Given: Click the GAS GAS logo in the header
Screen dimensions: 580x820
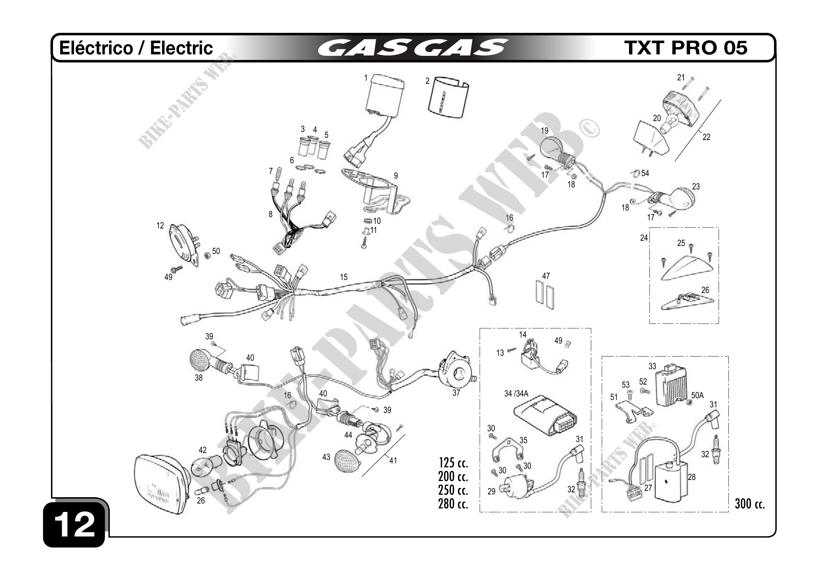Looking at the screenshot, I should (413, 48).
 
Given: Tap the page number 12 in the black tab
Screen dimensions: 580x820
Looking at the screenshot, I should (75, 525).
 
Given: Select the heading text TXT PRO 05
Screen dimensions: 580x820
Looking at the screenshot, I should (686, 48).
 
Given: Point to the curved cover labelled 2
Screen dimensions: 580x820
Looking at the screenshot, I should (448, 99).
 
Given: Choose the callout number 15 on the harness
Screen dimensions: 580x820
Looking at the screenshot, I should (344, 277).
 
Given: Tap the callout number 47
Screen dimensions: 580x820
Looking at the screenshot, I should (546, 276).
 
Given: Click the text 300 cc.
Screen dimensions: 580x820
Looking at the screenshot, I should (749, 504).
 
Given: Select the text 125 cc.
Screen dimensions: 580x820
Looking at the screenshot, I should (453, 463).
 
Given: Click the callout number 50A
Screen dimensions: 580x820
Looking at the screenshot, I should (697, 395).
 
